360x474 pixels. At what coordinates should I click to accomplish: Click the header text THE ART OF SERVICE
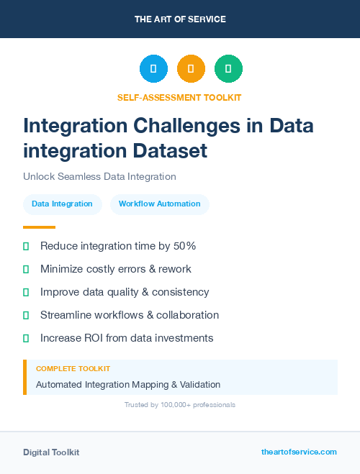(180, 19)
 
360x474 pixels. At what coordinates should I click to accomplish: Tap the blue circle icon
(153, 68)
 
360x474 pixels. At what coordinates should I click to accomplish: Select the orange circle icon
(191, 68)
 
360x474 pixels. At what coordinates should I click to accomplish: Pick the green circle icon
(228, 68)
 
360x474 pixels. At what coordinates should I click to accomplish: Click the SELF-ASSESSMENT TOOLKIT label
(179, 97)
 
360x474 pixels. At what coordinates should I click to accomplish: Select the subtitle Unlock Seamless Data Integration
(99, 176)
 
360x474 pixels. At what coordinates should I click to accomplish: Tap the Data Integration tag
(62, 204)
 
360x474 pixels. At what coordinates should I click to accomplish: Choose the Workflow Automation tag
(159, 204)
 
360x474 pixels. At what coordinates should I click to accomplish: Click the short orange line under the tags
(39, 227)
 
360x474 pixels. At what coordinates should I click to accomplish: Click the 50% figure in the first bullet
(185, 246)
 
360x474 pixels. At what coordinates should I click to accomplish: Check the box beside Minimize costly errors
(26, 269)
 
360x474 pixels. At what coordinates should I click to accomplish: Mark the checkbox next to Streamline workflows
(26, 315)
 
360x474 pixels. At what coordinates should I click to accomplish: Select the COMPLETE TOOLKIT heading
(73, 368)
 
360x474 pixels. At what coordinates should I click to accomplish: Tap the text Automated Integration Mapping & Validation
(128, 385)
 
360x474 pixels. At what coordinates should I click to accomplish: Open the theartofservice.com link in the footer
(299, 452)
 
